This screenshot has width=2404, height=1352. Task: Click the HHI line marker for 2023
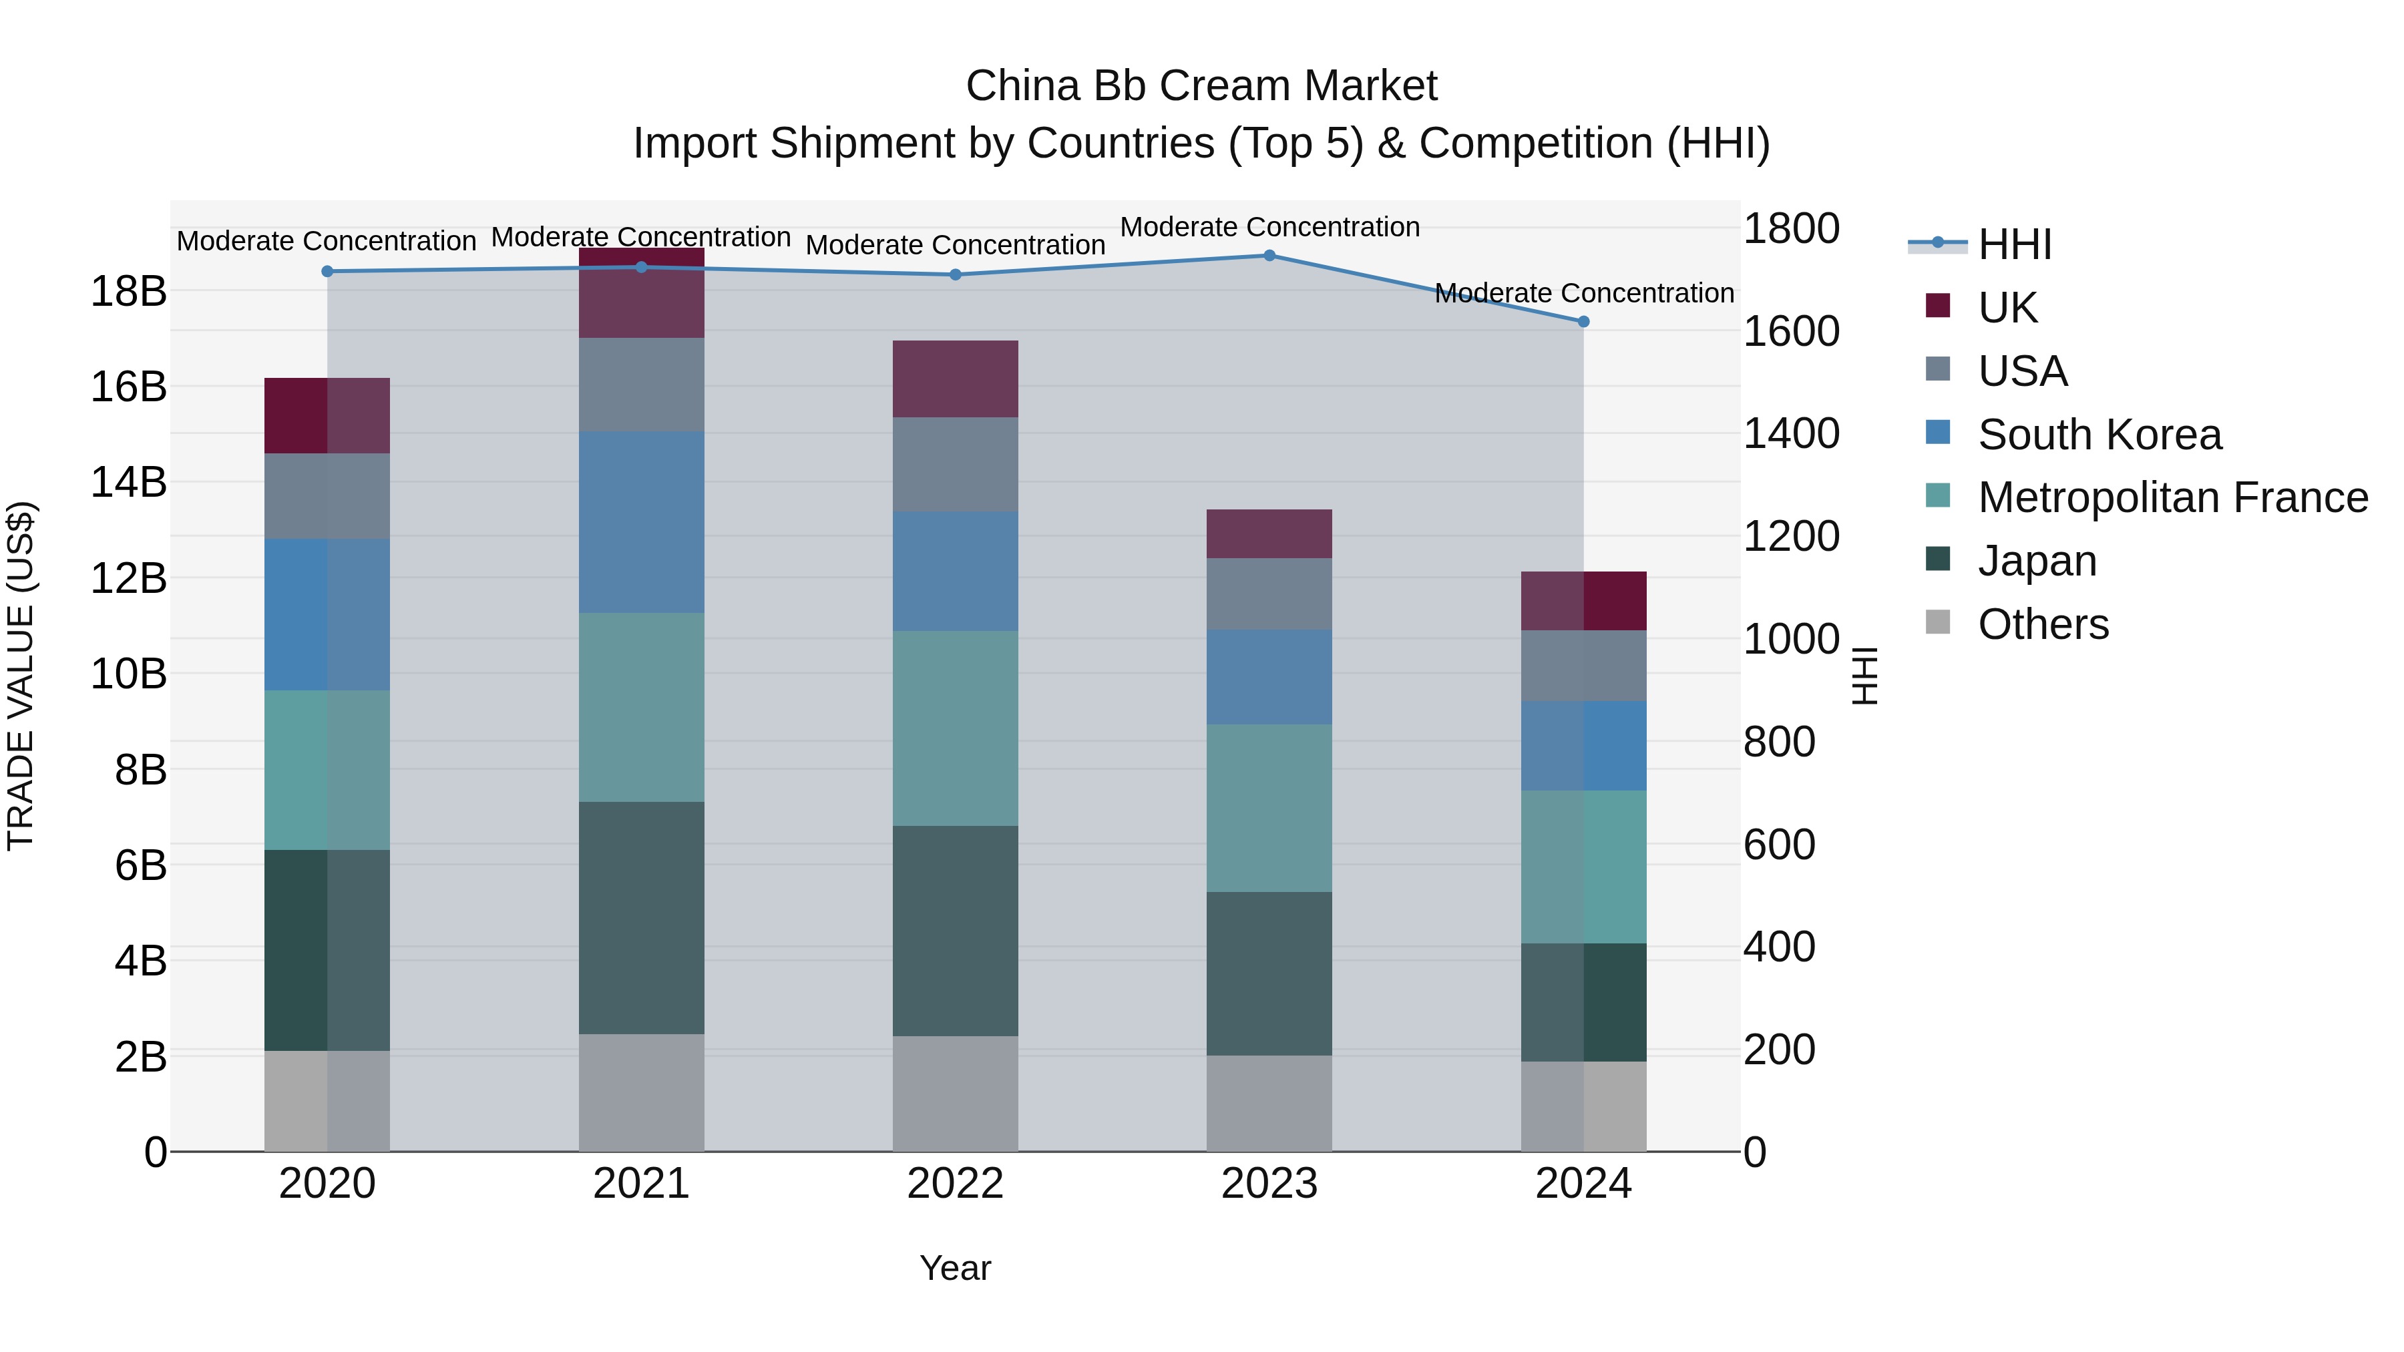click(x=1269, y=256)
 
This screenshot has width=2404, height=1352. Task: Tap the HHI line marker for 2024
click(x=1584, y=322)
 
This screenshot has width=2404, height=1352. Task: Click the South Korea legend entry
click(x=2099, y=435)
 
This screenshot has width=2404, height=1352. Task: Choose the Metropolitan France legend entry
click(x=2172, y=498)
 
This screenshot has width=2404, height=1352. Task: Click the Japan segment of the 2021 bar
click(x=641, y=917)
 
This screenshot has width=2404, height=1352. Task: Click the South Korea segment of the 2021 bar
click(x=641, y=523)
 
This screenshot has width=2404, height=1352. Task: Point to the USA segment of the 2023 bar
click(x=1269, y=594)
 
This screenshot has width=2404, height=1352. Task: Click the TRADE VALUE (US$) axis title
click(x=21, y=676)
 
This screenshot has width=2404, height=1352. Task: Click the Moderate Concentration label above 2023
click(x=1269, y=228)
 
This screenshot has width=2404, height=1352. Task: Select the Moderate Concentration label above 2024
click(x=1584, y=294)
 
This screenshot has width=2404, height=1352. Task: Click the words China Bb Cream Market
click(x=1201, y=86)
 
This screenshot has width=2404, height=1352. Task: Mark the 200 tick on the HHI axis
click(x=1779, y=1050)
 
